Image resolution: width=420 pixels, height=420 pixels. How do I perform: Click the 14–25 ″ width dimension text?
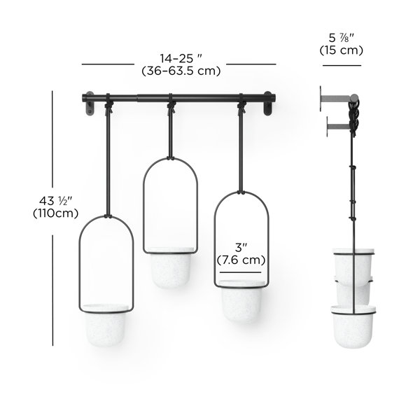click(x=181, y=58)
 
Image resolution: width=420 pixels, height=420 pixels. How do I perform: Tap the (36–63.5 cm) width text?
click(x=181, y=71)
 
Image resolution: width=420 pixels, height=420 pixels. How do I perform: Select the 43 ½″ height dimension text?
click(x=56, y=201)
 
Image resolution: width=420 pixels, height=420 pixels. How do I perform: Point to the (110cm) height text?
click(x=56, y=213)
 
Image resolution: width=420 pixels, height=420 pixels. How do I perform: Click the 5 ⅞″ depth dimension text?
click(x=342, y=38)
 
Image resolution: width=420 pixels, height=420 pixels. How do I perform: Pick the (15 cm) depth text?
click(x=342, y=50)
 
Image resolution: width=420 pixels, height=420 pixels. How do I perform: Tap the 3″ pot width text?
click(x=241, y=248)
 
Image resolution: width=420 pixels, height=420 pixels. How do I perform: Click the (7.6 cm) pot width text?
click(x=241, y=260)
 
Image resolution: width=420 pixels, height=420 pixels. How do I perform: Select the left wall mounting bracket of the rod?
click(x=89, y=104)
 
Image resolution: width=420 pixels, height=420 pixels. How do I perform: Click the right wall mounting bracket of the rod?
click(x=267, y=104)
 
